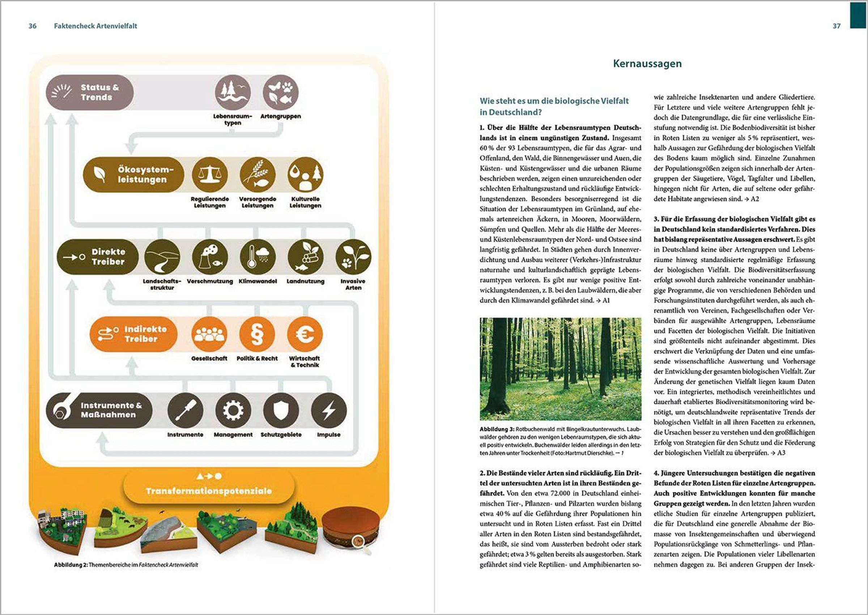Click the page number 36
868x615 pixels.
33,26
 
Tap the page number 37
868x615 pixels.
836,26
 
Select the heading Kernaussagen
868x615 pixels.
647,64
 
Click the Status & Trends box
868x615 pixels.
90,93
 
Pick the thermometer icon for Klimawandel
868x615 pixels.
258,257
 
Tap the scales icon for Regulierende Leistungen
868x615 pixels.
210,175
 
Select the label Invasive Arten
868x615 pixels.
353,285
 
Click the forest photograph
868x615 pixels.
561,369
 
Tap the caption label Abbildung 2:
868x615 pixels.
71,565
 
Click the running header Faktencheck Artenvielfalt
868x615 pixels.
95,26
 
